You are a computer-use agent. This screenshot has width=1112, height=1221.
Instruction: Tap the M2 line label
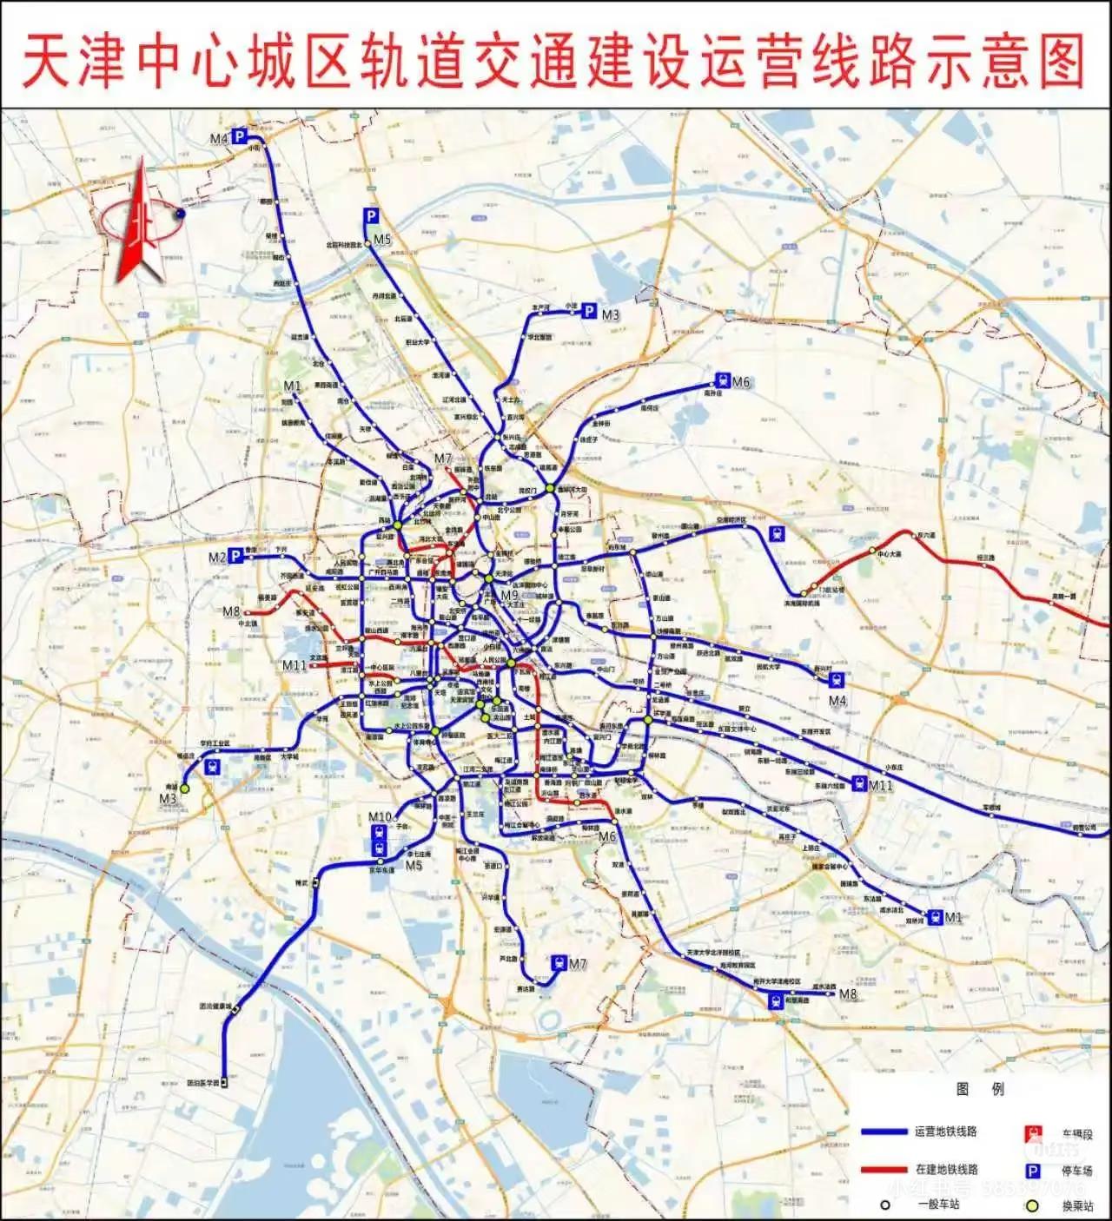217,558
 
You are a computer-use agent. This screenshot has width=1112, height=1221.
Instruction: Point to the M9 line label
510,595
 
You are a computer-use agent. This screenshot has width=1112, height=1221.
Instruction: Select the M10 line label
380,817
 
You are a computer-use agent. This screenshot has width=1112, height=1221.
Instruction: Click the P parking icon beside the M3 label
589,311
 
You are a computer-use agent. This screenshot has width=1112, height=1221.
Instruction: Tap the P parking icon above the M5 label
371,216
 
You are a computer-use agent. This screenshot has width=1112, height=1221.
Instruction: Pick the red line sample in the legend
884,1170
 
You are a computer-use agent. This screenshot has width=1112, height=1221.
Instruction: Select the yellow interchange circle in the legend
1031,1205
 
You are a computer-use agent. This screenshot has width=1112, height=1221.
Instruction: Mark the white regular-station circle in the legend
884,1205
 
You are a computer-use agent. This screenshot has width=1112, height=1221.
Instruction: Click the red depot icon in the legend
1033,1133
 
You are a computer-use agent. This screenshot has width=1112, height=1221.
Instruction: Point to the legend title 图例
980,1089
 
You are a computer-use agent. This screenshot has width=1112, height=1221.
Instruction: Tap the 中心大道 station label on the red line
889,554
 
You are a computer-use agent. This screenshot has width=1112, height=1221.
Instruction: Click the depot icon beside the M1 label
934,916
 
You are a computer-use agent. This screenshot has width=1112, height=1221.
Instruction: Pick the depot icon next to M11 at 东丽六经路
858,783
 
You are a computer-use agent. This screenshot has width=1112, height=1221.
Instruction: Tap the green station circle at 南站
184,787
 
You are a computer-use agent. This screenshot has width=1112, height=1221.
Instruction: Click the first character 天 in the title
45,61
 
